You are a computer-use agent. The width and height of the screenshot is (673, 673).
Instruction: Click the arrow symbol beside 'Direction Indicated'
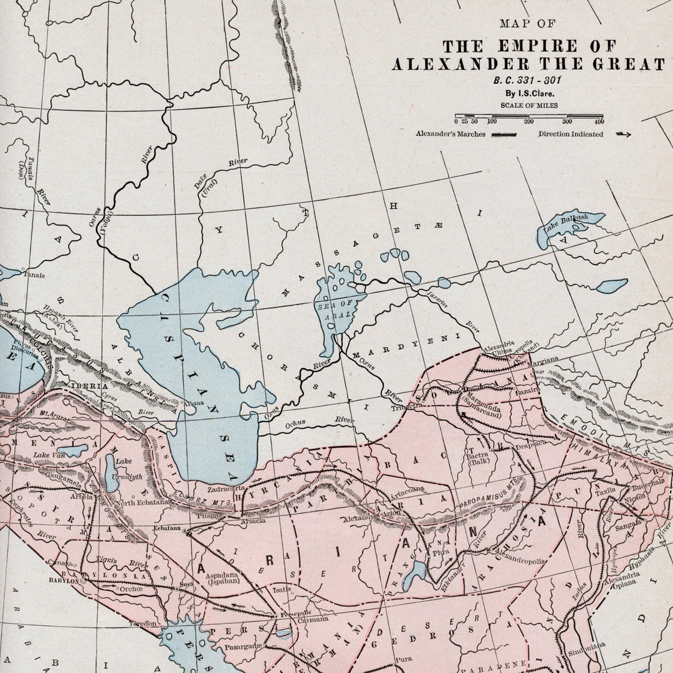coord(623,134)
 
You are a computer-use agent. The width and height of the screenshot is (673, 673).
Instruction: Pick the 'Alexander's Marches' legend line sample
coord(504,134)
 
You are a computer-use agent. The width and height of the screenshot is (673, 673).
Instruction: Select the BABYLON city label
coord(64,580)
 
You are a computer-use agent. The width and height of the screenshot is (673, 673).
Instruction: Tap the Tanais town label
coord(34,274)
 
